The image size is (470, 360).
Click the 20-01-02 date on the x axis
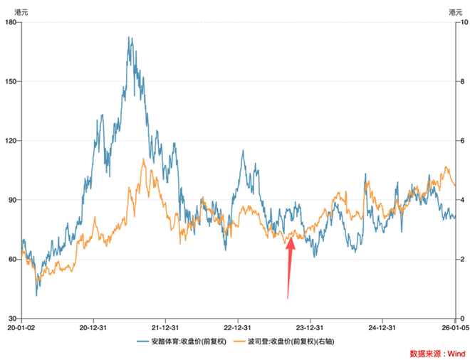[21, 328]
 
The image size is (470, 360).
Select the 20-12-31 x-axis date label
[93, 328]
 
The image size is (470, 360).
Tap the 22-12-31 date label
[238, 328]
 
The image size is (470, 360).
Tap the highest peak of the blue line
[129, 37]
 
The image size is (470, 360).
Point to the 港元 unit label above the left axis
[13, 11]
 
